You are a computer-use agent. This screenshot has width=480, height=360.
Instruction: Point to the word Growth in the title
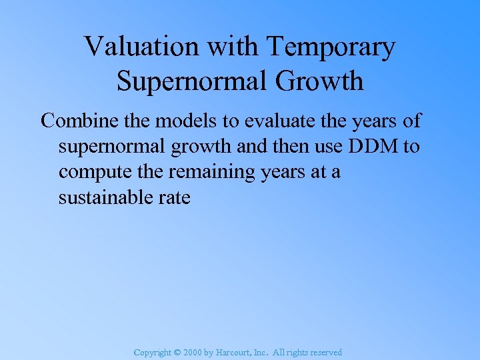coord(325,81)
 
